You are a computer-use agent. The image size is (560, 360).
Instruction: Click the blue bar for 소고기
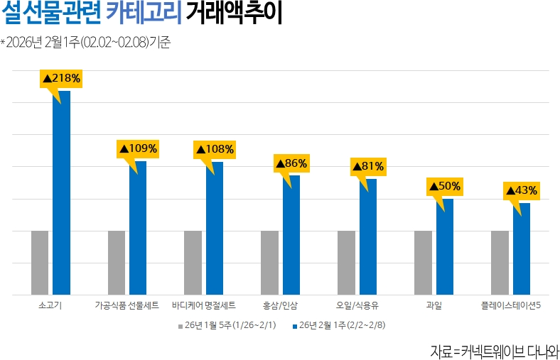(x=62, y=192)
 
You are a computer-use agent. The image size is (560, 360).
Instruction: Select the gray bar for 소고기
(x=40, y=262)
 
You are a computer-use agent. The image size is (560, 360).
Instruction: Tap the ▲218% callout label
(x=61, y=78)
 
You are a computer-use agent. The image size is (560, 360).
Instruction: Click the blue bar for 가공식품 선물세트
(x=138, y=227)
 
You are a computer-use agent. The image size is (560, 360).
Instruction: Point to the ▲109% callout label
(x=138, y=149)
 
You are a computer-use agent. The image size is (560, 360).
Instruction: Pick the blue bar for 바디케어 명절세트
(x=215, y=228)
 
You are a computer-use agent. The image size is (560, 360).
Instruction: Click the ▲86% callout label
(x=291, y=163)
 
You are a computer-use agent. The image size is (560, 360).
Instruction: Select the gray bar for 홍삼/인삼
(x=269, y=262)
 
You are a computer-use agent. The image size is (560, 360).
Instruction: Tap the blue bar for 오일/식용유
(x=367, y=236)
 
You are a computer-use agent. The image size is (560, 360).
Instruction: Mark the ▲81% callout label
(x=368, y=167)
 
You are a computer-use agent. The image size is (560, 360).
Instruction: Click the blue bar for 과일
(x=444, y=246)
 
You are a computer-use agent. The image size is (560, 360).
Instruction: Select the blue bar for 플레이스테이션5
(x=521, y=249)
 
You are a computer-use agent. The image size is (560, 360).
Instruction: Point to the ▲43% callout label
(x=521, y=191)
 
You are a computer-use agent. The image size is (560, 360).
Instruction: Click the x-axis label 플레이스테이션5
(x=512, y=306)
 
